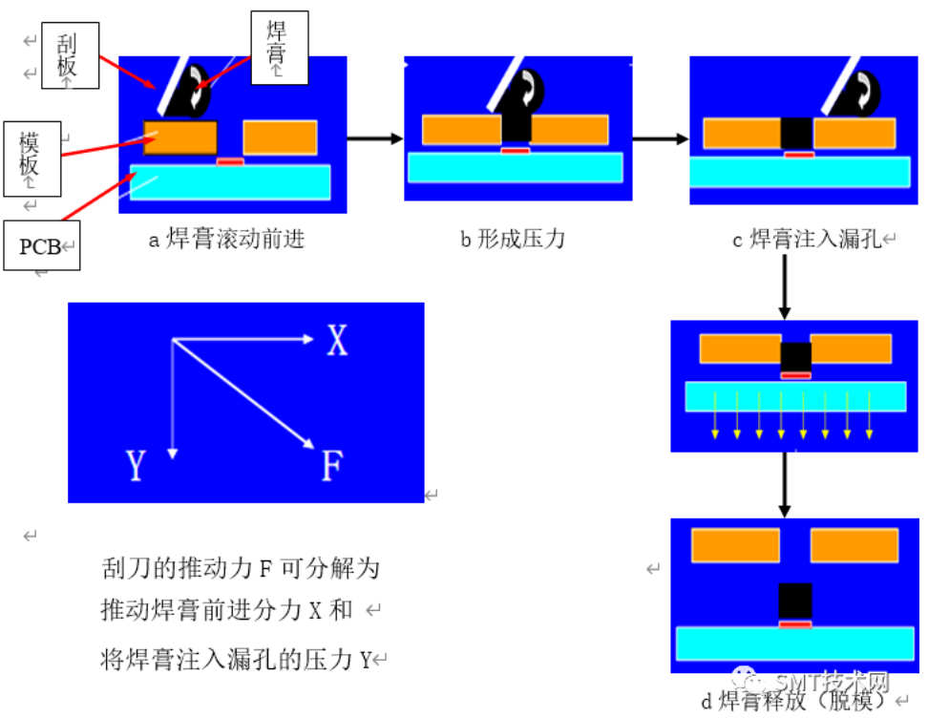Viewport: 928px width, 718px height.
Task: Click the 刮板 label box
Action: [70, 55]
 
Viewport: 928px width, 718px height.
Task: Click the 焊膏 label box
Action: [280, 48]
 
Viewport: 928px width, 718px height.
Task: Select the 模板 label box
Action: [32, 158]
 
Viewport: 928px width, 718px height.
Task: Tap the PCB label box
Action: [41, 245]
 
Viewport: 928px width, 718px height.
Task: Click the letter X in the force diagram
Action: [337, 340]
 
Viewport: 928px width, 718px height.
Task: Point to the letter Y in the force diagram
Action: [136, 465]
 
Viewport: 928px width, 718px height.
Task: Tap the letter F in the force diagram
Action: [332, 465]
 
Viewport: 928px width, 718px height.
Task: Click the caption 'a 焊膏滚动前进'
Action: [226, 239]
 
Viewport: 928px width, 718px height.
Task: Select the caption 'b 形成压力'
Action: [513, 239]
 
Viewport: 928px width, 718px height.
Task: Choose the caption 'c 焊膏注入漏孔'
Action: [808, 239]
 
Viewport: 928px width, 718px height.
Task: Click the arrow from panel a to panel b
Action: [375, 138]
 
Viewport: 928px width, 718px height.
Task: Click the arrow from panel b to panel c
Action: [661, 139]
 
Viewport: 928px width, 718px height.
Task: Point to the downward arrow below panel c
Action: [785, 287]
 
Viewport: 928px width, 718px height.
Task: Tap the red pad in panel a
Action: [230, 161]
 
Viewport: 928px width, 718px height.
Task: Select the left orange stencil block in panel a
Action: [180, 137]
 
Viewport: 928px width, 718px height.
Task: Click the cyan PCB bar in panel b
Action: [516, 167]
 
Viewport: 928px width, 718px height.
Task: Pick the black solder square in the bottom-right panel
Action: [795, 602]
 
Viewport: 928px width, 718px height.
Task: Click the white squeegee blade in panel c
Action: [840, 85]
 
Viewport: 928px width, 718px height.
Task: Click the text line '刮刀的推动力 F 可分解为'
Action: [241, 568]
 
